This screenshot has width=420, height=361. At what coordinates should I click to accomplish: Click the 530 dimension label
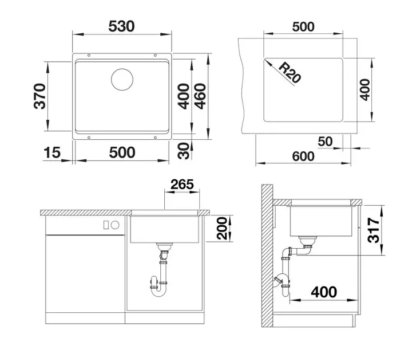tap(121, 26)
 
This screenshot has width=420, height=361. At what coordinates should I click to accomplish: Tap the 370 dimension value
tap(40, 96)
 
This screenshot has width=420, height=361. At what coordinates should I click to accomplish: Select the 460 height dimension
tap(200, 96)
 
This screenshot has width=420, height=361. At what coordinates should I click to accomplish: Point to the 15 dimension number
tap(52, 152)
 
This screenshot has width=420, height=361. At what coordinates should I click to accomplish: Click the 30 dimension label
tap(184, 151)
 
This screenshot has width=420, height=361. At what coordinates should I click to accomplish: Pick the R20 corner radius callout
tap(290, 72)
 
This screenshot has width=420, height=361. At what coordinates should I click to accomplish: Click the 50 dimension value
tap(325, 142)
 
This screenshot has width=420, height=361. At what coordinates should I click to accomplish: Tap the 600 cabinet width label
tap(303, 156)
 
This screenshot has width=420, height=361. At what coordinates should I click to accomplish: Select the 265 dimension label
tap(182, 185)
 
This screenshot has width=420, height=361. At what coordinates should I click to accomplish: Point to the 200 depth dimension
tap(222, 228)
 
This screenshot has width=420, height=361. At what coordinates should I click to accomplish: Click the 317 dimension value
tap(374, 230)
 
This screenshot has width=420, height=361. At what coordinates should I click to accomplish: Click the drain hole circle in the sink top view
tap(122, 80)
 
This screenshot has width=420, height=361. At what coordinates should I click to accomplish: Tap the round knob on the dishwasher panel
tap(115, 225)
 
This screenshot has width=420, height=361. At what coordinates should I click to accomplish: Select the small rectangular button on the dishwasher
tap(106, 225)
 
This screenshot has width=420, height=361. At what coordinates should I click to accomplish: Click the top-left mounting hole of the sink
tap(89, 55)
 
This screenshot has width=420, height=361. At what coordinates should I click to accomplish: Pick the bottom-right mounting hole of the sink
tap(155, 138)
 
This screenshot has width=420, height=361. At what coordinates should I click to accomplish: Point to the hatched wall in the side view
tap(267, 256)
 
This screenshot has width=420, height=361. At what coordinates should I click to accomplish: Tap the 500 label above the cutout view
tap(303, 27)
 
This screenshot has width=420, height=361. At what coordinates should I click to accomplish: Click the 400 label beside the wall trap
tap(324, 292)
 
